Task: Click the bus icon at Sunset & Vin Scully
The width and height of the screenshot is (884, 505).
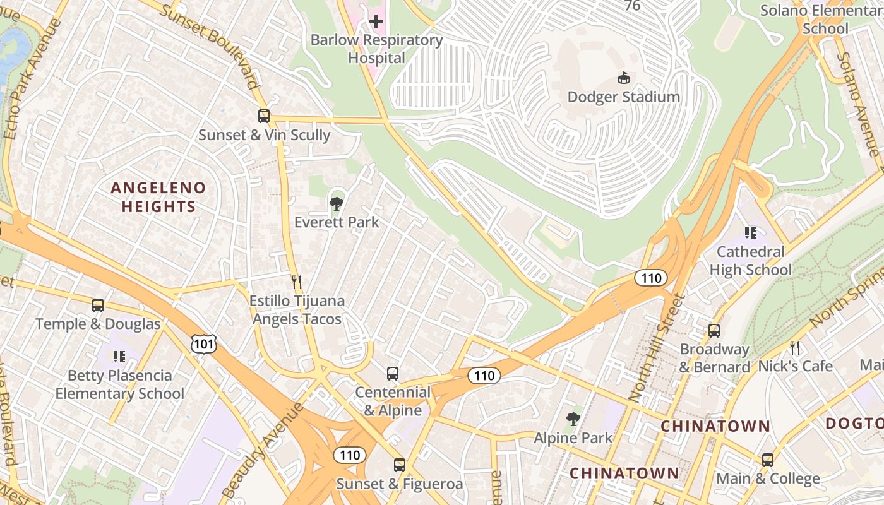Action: coord(264,116)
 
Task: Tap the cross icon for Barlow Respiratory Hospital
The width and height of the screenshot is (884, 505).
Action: coord(376,21)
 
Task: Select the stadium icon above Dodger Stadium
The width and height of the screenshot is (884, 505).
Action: coord(623,78)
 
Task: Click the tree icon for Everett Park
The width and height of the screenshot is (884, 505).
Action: coord(337,203)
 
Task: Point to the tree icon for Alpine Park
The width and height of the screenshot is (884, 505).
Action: coord(573,419)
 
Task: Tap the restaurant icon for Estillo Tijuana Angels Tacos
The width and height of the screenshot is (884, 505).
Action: coord(296,282)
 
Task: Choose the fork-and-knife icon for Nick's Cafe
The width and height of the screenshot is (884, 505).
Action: coord(795,347)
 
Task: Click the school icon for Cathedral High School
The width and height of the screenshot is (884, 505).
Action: coord(750,233)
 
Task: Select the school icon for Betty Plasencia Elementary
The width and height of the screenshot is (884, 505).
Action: coord(119,357)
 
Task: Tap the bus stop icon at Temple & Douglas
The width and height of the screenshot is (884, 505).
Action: coord(98,306)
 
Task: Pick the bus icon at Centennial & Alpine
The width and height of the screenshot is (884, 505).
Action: coord(393,373)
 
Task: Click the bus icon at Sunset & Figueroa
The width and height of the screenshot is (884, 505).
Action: coord(400,465)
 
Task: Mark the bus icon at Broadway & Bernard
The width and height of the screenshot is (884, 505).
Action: coord(714,331)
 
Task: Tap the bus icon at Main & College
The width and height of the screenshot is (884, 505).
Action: coord(768,460)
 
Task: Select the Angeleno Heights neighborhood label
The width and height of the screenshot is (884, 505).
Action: coord(158,197)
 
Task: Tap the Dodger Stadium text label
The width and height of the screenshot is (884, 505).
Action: coord(623,97)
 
